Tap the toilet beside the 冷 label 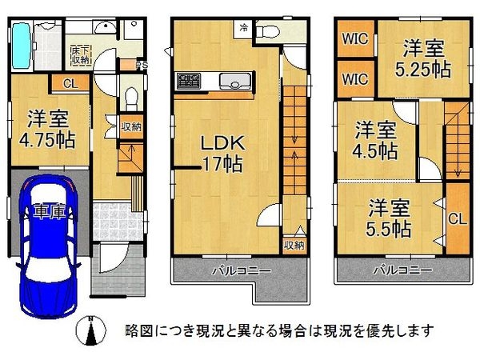268,31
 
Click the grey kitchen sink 235,81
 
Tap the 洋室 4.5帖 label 375,138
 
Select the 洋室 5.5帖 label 390,218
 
